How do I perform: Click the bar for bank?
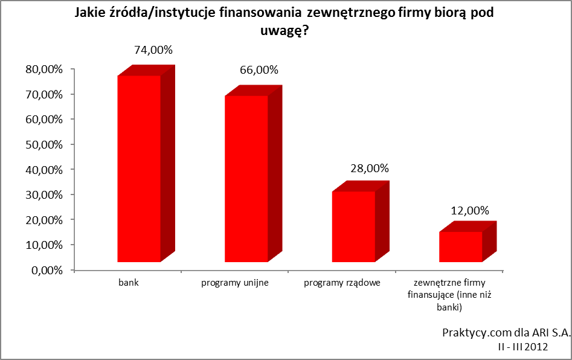pyautogui.click(x=146, y=164)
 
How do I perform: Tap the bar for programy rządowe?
pyautogui.click(x=361, y=222)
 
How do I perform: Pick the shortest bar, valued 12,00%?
pyautogui.click(x=468, y=242)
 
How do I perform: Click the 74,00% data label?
pyautogui.click(x=153, y=50)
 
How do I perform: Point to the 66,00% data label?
pyautogui.click(x=259, y=69)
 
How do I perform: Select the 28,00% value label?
pyautogui.click(x=370, y=168)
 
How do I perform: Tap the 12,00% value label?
pyautogui.click(x=470, y=210)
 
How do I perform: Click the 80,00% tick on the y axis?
pyautogui.click(x=44, y=69)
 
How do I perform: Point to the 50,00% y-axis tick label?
pyautogui.click(x=44, y=145)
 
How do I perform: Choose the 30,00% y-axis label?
pyautogui.click(x=44, y=195)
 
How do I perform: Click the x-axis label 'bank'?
pyautogui.click(x=129, y=283)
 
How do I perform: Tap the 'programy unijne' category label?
pyautogui.click(x=235, y=283)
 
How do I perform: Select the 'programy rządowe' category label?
pyautogui.click(x=342, y=283)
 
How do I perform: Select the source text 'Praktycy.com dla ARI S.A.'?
pyautogui.click(x=506, y=333)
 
